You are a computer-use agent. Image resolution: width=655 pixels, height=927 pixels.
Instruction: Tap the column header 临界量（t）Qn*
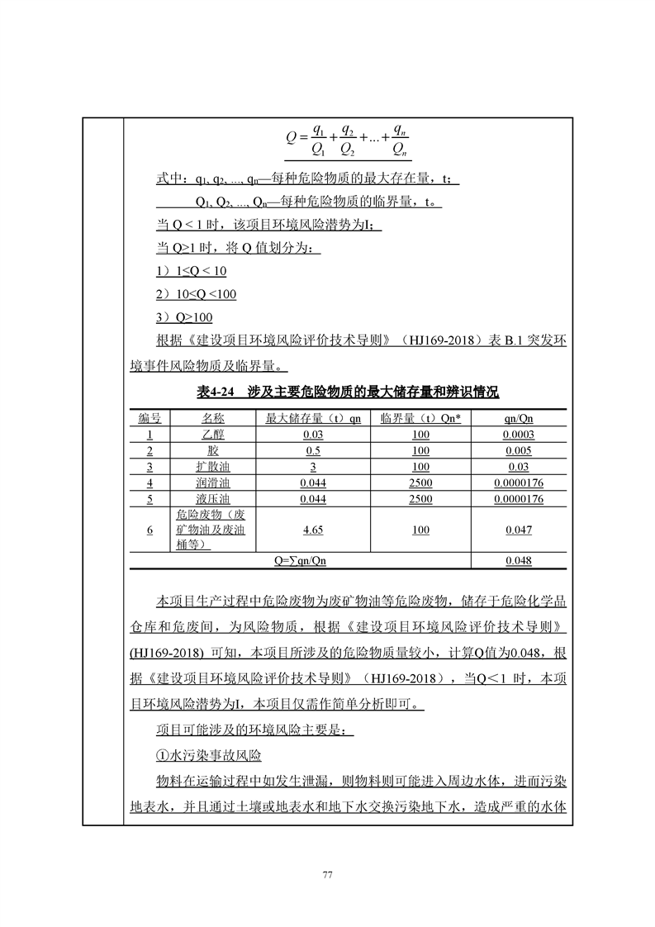click(x=420, y=419)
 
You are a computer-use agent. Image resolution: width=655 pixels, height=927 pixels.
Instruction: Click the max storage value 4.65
click(x=312, y=530)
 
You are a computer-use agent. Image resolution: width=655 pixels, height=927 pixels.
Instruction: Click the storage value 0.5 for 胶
click(x=312, y=451)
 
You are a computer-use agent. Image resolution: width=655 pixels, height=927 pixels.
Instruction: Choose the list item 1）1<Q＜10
click(x=191, y=271)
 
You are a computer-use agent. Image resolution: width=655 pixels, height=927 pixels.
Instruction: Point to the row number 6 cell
click(x=150, y=530)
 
